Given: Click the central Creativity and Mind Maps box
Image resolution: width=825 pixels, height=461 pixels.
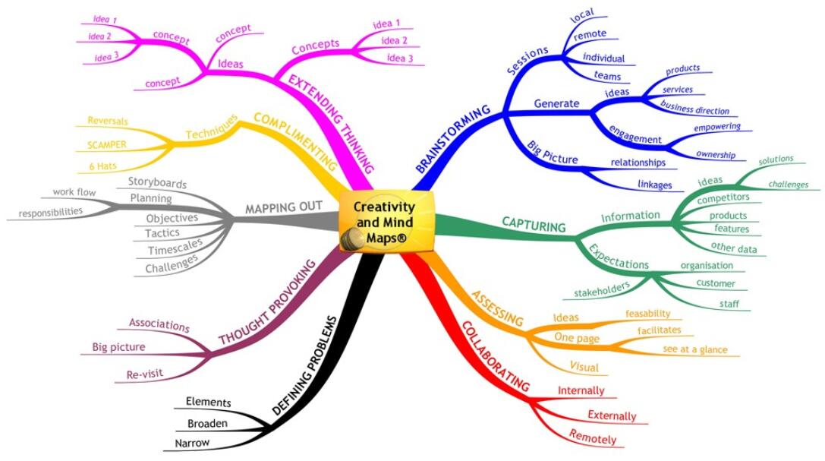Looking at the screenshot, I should tap(386, 221).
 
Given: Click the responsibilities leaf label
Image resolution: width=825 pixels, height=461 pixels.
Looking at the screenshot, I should tap(52, 212).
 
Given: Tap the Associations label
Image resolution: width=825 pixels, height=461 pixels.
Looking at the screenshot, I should tap(159, 325).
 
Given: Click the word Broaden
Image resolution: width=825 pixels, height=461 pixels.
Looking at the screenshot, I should tap(206, 423).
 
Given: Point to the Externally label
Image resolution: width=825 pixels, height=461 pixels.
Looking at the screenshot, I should tap(612, 415).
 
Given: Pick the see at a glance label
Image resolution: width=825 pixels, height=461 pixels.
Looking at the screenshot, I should tap(694, 350).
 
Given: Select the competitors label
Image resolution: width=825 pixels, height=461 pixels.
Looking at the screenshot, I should tap(723, 198).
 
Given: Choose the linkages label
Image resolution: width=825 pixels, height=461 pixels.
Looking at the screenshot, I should tap(654, 184).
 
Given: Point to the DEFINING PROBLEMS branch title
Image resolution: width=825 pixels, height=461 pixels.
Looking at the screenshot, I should tap(304, 365).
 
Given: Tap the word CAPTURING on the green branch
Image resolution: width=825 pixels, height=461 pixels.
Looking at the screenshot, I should tap(534, 226).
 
